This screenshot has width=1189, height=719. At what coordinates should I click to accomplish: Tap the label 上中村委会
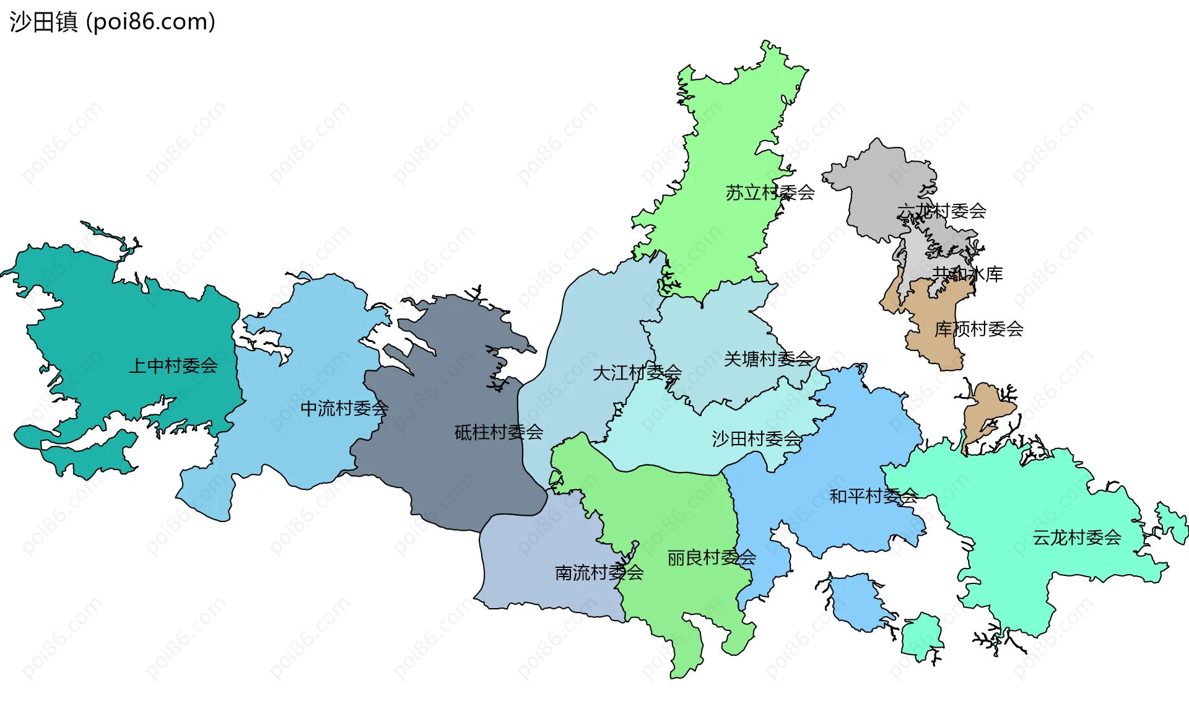[173, 366]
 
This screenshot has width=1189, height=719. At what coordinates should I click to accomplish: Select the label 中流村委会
[344, 409]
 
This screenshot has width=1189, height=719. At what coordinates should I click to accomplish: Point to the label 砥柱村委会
[499, 432]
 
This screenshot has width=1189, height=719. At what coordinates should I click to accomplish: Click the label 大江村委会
[637, 373]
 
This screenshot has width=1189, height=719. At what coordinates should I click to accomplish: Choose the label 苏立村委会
[770, 193]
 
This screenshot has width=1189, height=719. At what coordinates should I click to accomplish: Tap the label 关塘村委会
[768, 359]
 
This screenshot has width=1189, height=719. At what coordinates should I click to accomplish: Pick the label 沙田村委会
[756, 439]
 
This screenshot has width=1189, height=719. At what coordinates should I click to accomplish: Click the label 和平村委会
[873, 496]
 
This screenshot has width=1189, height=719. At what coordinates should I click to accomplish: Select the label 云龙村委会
[1076, 538]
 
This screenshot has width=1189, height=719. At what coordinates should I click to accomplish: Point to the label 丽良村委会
[712, 558]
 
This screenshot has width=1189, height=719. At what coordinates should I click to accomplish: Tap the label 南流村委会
[599, 573]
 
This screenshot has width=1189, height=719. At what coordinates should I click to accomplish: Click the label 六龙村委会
[941, 211]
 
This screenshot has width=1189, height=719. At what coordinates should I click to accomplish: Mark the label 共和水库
[967, 274]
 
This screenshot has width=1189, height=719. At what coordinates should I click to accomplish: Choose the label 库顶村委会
[978, 329]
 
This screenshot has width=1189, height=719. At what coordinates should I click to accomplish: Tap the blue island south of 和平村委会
[858, 601]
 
